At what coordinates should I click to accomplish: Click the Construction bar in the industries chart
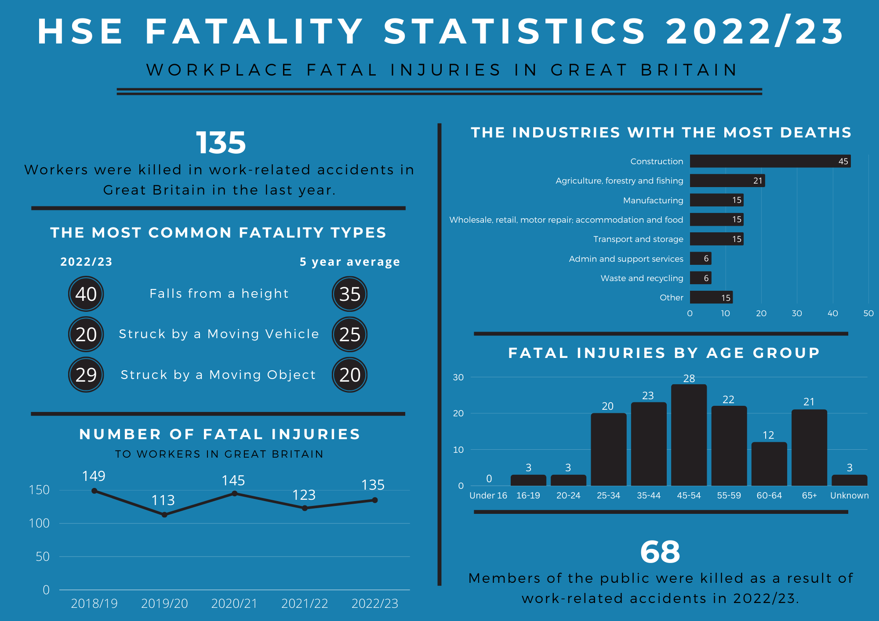pos(770,161)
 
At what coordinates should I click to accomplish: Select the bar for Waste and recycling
pos(700,278)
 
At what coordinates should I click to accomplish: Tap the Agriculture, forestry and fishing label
pos(619,181)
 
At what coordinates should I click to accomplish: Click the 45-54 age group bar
pos(689,435)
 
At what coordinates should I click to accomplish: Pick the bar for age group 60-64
pos(769,464)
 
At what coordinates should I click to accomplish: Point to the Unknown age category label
pos(849,495)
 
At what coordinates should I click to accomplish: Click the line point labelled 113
pos(164,515)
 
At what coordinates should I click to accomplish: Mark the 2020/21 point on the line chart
pos(234,494)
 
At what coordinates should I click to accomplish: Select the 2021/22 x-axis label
pos(305,603)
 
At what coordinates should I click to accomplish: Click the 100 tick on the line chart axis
pos(39,523)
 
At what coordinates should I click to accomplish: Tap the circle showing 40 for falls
pos(86,294)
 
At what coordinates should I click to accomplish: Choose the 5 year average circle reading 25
pos(349,334)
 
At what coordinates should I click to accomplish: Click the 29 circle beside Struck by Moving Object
pos(86,375)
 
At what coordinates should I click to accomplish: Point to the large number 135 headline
pos(220,143)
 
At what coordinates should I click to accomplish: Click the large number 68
pos(660,552)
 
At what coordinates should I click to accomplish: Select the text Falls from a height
pos(219,293)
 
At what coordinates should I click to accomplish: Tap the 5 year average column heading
pos(349,262)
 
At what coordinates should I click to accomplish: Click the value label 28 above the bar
pos(689,378)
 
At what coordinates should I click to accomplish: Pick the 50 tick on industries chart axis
pos(868,313)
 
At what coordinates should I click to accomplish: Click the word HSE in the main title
pos(80,32)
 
